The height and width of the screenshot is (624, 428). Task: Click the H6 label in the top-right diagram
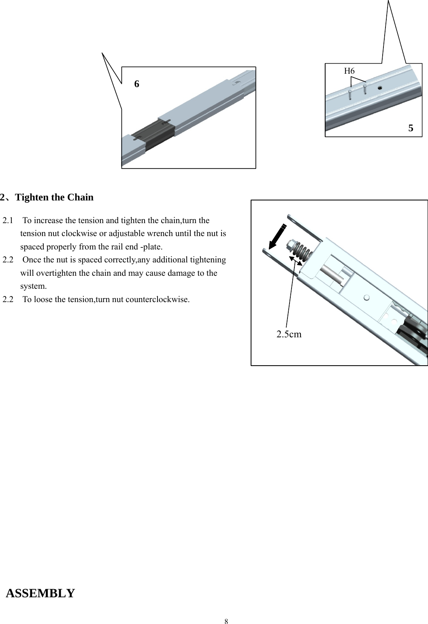349,71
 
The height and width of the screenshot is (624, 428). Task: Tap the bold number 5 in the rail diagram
411,128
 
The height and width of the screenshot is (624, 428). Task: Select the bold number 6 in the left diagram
136,84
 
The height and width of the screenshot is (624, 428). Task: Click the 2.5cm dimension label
289,334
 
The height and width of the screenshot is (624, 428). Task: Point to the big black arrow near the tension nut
277,236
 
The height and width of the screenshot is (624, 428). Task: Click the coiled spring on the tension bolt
302,252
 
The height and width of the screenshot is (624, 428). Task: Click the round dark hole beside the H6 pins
380,87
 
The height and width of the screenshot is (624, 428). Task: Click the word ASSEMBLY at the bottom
40,593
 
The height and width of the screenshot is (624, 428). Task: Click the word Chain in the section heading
80,197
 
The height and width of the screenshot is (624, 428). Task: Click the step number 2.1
8,221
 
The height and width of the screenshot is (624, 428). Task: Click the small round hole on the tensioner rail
366,298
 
